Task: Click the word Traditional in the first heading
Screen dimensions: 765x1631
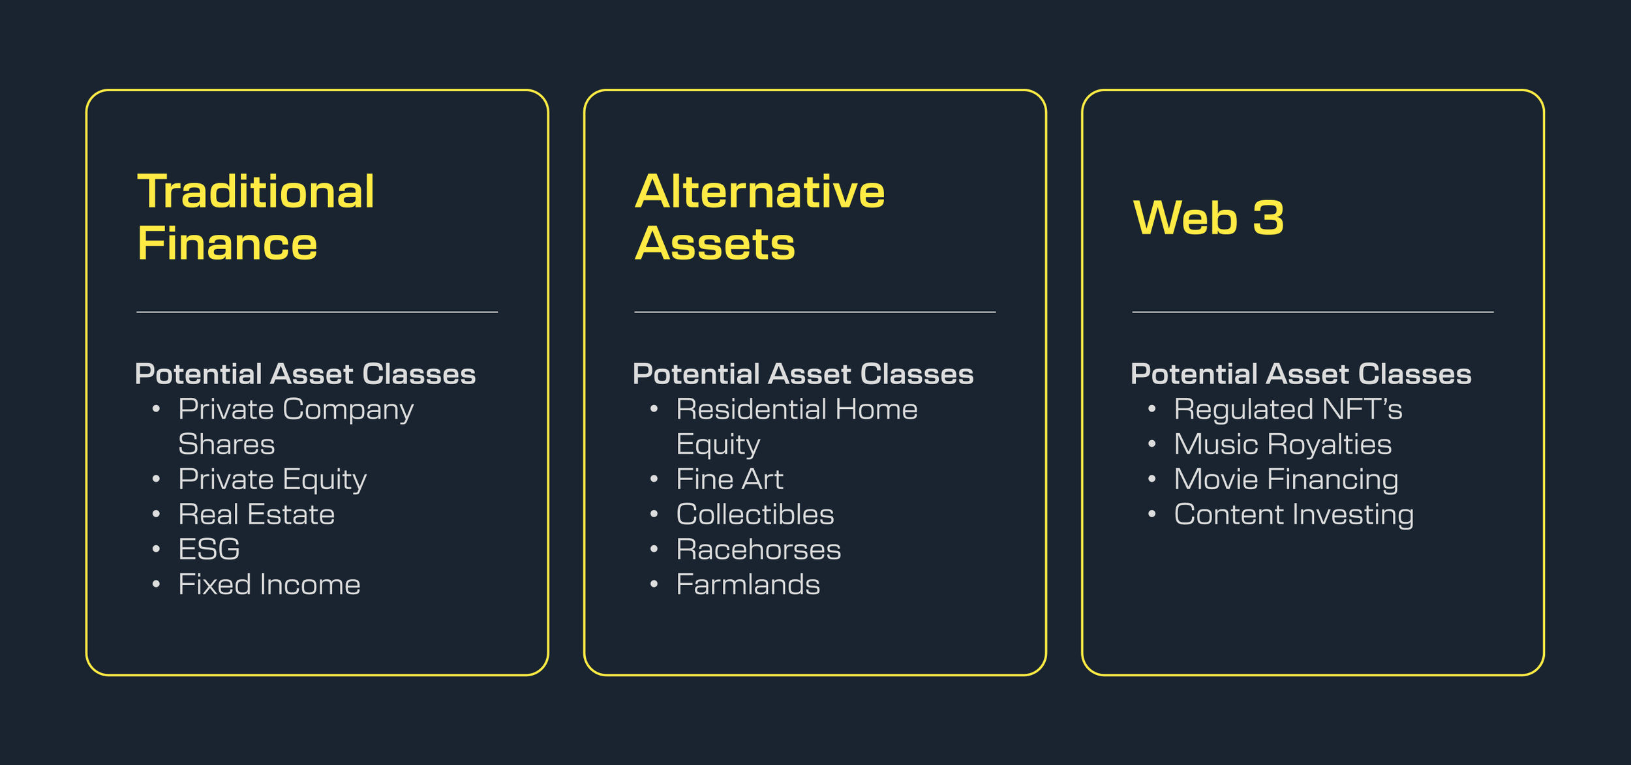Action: [x=256, y=192]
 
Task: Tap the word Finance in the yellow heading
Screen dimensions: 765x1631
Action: [x=227, y=245]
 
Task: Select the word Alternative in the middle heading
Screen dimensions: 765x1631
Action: [x=759, y=192]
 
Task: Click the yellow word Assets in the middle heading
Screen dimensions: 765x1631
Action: [x=715, y=245]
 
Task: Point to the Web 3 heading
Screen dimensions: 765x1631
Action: [x=1209, y=218]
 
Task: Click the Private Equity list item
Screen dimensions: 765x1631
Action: [x=272, y=479]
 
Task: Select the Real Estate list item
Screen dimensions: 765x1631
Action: [x=256, y=515]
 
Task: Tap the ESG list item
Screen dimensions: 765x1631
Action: [x=209, y=549]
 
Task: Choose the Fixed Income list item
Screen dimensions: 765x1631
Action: [x=269, y=584]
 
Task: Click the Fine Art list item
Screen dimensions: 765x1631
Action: [x=729, y=479]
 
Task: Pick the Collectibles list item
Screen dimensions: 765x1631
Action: [x=755, y=515]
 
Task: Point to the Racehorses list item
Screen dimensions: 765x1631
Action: [x=758, y=549]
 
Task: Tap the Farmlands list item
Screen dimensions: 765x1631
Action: [x=748, y=584]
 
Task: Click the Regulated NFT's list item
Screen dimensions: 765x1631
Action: [x=1287, y=410]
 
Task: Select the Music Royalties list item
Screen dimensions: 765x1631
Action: [x=1283, y=444]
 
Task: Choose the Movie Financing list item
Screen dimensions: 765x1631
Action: [x=1286, y=479]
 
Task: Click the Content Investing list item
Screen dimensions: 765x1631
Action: [x=1293, y=515]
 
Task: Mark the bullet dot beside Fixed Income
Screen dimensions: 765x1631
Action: [x=156, y=584]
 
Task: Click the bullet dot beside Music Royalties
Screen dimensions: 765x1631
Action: [x=1152, y=444]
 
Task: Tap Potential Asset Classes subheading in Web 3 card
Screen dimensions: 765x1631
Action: [x=1301, y=374]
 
